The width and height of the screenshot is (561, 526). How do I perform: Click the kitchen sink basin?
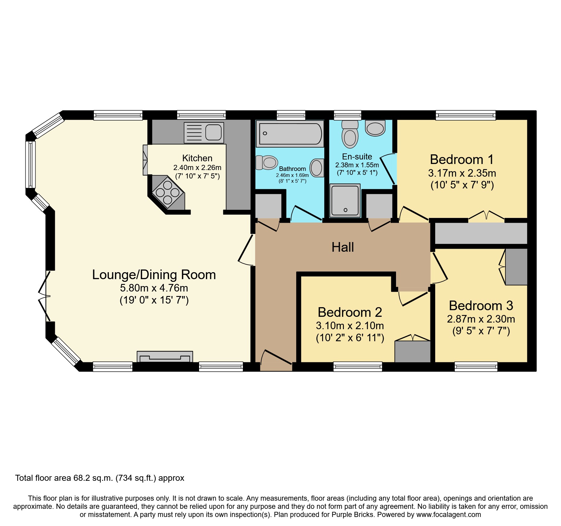[x=214, y=132]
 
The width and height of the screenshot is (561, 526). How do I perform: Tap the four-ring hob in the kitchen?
[x=168, y=192]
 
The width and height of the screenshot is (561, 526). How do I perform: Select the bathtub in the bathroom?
[x=290, y=133]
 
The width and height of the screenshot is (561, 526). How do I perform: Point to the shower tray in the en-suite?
[x=345, y=200]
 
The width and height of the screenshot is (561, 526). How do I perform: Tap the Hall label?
[x=343, y=247]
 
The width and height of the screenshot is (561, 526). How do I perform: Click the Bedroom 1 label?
[x=462, y=159]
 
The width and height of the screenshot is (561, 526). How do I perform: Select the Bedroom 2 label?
[x=350, y=312]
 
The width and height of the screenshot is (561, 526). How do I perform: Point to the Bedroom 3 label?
[x=481, y=306]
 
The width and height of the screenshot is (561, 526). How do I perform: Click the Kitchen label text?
[x=197, y=158]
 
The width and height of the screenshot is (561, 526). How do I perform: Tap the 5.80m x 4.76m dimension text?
[x=154, y=288]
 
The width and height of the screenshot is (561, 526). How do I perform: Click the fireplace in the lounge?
[x=165, y=357]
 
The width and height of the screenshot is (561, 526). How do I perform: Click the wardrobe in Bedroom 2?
[x=413, y=351]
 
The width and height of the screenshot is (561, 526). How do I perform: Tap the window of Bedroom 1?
[x=465, y=115]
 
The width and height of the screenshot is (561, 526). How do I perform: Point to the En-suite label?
[x=357, y=157]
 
